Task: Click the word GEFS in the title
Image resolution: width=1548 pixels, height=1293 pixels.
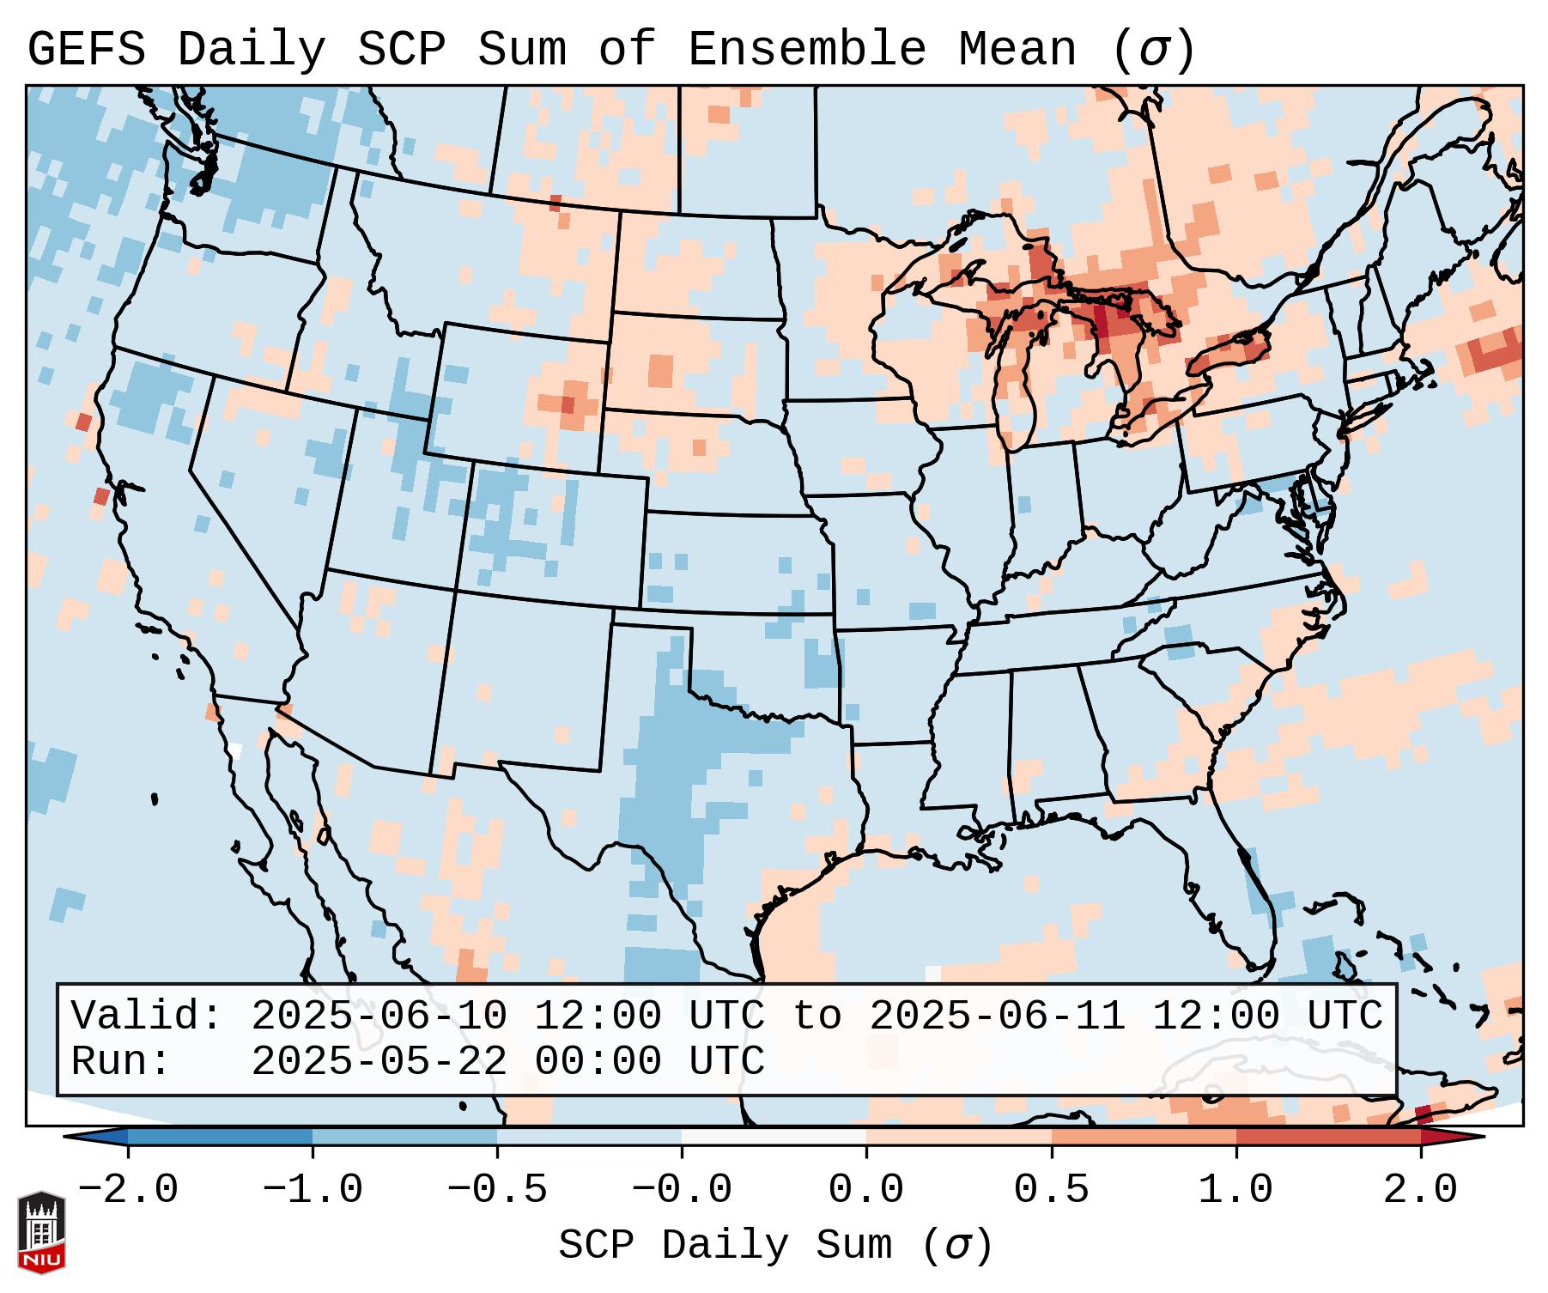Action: point(86,50)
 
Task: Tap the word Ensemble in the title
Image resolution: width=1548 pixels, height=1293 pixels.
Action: point(807,50)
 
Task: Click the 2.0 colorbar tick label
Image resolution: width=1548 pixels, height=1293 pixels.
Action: point(1420,1190)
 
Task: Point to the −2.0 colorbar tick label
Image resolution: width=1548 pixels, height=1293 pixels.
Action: point(128,1190)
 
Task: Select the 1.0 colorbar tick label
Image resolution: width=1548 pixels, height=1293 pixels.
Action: point(1235,1190)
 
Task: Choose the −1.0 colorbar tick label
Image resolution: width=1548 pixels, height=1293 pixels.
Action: point(313,1190)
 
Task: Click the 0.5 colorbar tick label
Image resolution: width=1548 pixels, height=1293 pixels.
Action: point(1051,1190)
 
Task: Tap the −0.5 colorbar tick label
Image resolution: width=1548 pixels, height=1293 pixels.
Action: point(497,1190)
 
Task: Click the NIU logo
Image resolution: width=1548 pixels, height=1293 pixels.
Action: point(41,1231)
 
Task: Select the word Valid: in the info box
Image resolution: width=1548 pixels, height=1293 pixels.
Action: point(147,1016)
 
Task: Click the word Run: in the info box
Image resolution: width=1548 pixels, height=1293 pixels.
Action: point(121,1061)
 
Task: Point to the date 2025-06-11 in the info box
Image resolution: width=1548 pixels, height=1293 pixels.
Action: point(998,1016)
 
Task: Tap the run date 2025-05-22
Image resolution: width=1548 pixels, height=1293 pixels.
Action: point(379,1061)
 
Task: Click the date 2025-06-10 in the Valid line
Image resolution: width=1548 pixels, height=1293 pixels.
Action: point(379,1016)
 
